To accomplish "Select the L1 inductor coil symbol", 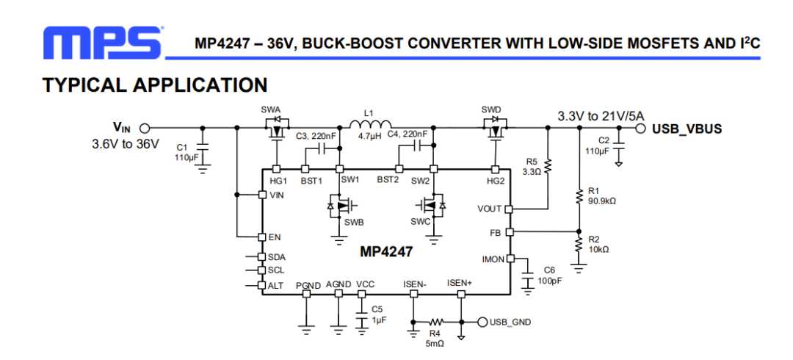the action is click(370, 124).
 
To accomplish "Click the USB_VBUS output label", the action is click(687, 129).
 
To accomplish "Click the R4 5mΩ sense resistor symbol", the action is click(436, 322).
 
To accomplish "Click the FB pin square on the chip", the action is click(510, 231).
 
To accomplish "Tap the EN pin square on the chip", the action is click(261, 237).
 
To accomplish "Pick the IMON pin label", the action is click(493, 259).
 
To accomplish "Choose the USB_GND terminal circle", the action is click(482, 322).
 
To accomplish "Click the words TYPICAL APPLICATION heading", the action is click(155, 85).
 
